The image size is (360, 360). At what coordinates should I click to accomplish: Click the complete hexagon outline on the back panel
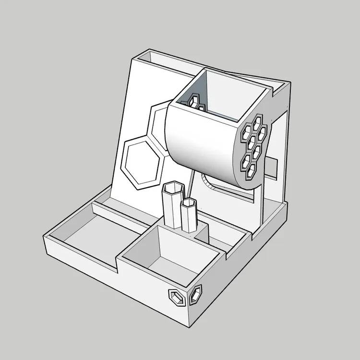pos(143,161)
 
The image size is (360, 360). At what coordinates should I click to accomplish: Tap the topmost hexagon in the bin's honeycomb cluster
pos(259,120)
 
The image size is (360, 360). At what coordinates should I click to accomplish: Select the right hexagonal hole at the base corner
pos(196,294)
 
